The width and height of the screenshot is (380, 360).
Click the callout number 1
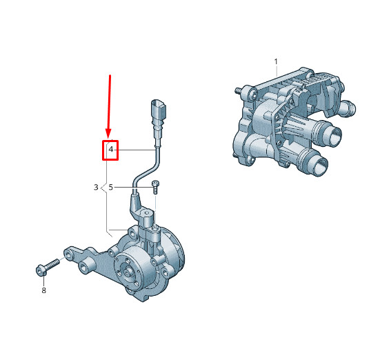(276, 61)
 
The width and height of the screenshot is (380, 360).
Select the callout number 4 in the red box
(111, 149)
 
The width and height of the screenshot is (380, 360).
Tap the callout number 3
(96, 187)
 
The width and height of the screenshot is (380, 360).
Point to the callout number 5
(111, 187)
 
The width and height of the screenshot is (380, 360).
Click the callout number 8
(43, 290)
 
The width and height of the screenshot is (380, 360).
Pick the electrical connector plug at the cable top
(158, 111)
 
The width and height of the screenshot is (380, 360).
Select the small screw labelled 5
(155, 187)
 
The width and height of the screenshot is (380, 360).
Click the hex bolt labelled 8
(48, 267)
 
